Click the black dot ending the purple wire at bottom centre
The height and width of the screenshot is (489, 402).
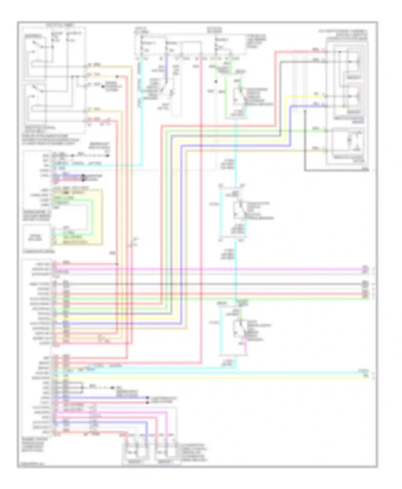click(147, 398)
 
